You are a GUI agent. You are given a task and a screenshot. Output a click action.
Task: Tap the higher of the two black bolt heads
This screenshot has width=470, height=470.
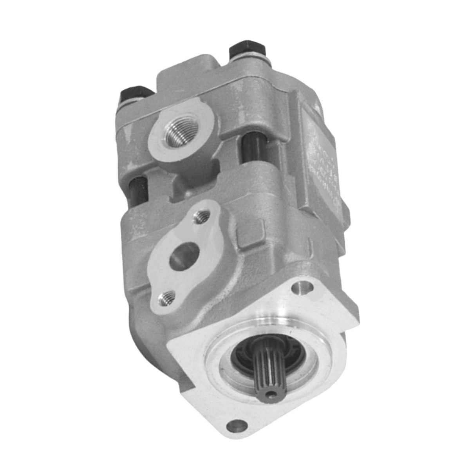tap(247, 50)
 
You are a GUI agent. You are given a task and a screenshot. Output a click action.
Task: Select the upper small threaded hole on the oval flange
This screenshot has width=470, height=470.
tap(202, 216)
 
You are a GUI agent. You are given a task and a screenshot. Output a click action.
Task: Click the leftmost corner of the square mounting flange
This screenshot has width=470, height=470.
tap(169, 345)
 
